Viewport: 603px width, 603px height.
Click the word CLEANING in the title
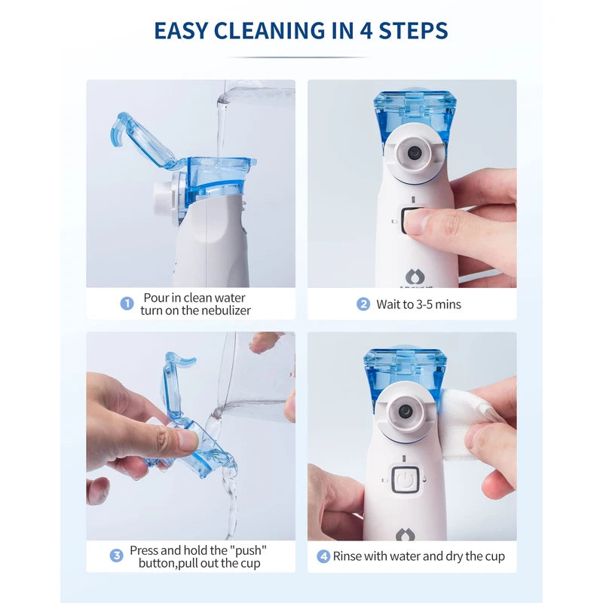tap(260, 30)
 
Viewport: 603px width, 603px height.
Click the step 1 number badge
tap(127, 304)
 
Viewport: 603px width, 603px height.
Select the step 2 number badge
tap(363, 305)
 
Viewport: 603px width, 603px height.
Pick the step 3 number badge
tap(117, 556)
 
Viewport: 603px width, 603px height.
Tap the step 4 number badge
tap(323, 556)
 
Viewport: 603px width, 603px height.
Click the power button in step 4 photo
tap(405, 479)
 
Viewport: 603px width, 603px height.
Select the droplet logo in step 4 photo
tap(406, 534)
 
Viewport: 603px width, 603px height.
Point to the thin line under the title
tap(301, 57)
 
